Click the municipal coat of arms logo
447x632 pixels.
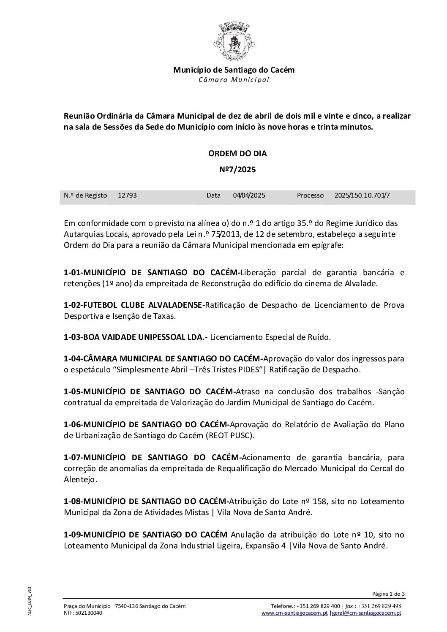pos(234,42)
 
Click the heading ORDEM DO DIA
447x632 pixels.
pos(237,154)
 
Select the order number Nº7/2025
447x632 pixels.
pos(237,170)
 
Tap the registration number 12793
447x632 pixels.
pos(127,195)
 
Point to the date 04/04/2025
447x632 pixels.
pos(249,195)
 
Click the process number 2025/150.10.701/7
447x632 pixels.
pos(362,195)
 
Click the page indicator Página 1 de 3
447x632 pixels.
pos(388,594)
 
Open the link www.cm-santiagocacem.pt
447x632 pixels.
pos(294,613)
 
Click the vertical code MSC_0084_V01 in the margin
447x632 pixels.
pos(30,600)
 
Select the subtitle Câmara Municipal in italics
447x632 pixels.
pos(234,80)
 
